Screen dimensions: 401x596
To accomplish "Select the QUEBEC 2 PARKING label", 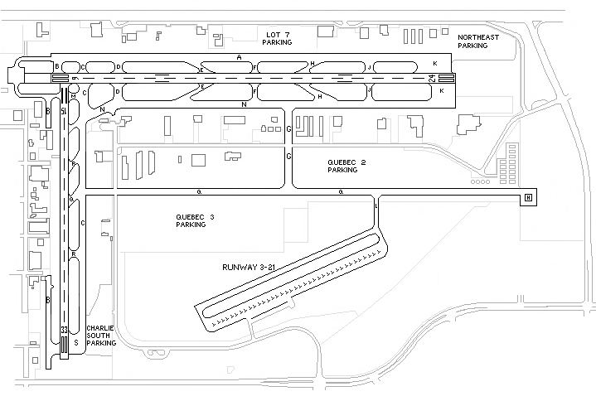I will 342,166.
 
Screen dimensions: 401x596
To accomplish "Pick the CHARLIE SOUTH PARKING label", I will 100,335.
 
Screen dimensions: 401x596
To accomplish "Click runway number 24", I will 432,78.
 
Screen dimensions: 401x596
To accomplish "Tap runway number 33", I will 64,331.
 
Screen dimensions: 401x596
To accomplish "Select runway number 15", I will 64,109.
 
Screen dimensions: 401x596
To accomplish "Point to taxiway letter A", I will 239,58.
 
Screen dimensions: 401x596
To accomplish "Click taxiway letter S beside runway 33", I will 76,341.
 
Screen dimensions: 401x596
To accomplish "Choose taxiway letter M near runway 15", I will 74,94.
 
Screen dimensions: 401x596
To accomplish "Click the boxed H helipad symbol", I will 527,197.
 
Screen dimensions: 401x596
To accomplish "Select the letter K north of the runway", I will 434,63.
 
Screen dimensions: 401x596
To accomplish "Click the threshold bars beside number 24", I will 444,78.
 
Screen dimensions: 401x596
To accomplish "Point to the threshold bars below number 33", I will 64,346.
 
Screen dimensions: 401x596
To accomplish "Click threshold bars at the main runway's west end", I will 60,78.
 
